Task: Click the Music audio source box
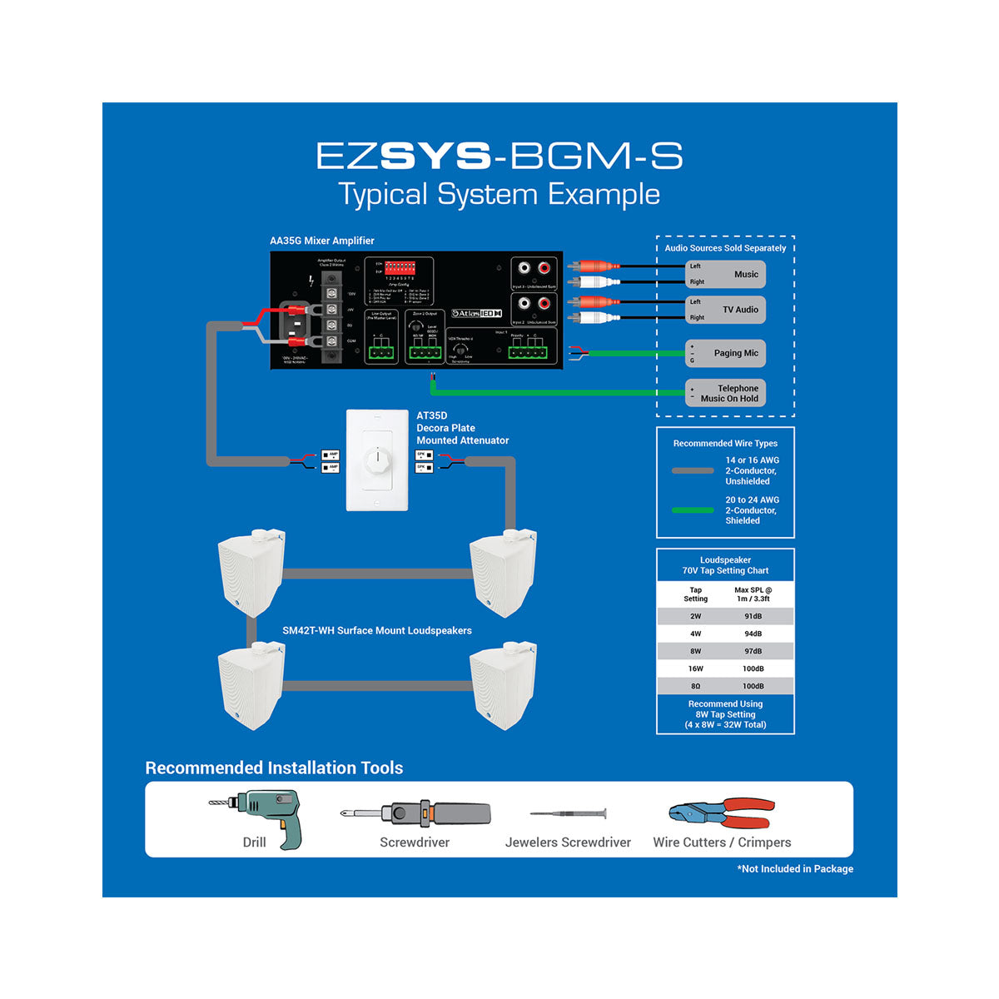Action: [x=725, y=274]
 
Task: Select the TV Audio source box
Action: [x=725, y=310]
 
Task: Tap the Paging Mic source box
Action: [x=725, y=353]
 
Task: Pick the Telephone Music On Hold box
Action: [x=725, y=393]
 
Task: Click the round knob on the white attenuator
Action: [x=377, y=459]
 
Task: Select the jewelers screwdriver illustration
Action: [x=569, y=813]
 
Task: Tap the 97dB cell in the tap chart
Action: [x=753, y=651]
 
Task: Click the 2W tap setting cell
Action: [x=695, y=616]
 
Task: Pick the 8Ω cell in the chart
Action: [x=695, y=686]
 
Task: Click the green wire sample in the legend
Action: [x=693, y=510]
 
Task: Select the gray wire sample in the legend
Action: [x=693, y=470]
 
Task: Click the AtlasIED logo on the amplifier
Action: [x=476, y=314]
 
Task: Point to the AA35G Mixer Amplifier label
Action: [x=321, y=241]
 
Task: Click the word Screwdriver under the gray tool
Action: [x=415, y=842]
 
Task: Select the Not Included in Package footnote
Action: [x=795, y=868]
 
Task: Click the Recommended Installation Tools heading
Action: [x=274, y=768]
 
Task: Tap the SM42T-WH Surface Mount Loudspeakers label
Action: [x=376, y=630]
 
